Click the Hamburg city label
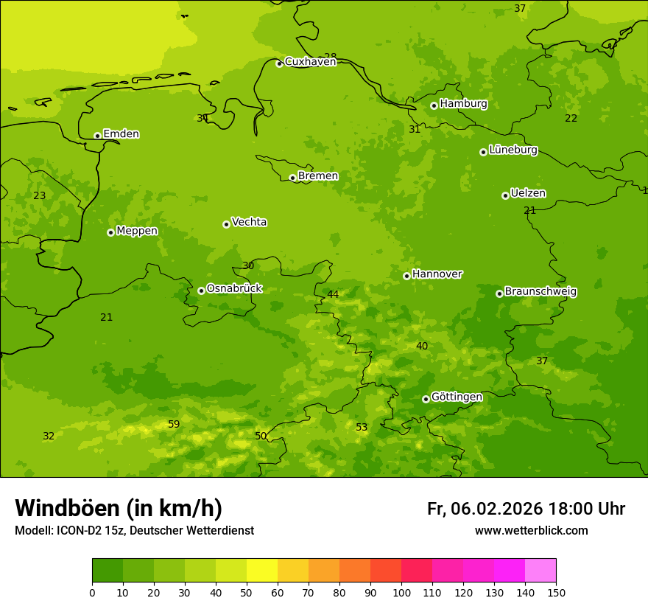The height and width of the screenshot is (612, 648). (463, 104)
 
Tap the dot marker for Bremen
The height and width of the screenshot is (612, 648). (292, 178)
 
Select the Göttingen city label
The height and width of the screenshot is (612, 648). (457, 397)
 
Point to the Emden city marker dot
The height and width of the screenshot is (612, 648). (97, 136)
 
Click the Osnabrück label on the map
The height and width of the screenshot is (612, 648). (234, 288)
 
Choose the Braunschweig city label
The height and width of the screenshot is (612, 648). (540, 292)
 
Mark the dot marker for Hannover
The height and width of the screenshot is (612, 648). (406, 276)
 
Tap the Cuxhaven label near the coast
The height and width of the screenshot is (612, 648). (310, 62)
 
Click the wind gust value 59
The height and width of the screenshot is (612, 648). (174, 424)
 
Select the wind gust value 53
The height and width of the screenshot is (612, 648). (362, 428)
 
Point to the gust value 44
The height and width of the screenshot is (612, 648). (333, 295)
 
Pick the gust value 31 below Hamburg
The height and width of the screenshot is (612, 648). (415, 130)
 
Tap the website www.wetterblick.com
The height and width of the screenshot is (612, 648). (531, 531)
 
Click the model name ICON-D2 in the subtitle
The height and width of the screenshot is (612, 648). (82, 531)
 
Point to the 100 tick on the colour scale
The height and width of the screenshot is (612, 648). (401, 592)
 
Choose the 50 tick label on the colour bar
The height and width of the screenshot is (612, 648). (247, 592)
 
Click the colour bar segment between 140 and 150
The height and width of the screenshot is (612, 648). (540, 571)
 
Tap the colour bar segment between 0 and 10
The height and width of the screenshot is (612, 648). (108, 571)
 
